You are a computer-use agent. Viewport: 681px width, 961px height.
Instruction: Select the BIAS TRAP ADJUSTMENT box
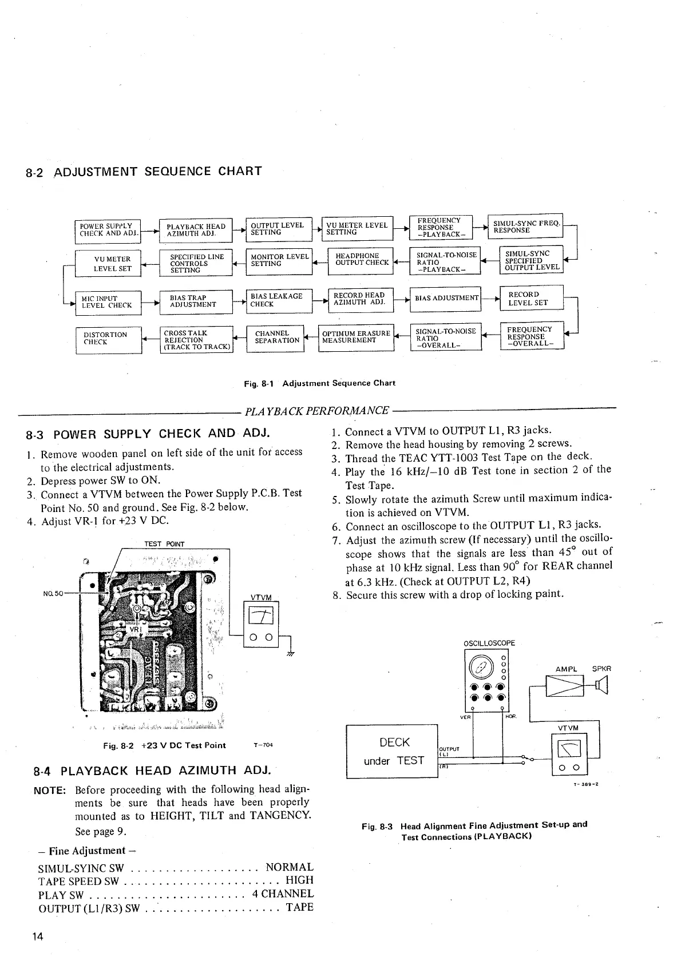[x=196, y=301]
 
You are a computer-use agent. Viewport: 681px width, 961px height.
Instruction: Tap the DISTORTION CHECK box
[x=108, y=339]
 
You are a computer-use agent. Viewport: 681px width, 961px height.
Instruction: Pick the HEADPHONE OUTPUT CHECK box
[x=361, y=260]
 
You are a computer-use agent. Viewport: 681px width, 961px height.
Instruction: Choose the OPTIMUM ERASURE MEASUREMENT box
[x=356, y=337]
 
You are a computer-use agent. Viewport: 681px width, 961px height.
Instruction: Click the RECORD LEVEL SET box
[x=531, y=299]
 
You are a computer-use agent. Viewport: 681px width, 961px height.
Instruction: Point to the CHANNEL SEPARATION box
[x=276, y=337]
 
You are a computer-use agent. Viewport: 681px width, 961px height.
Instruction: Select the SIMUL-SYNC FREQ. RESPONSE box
[x=525, y=226]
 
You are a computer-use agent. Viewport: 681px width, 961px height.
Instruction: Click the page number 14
[x=38, y=936]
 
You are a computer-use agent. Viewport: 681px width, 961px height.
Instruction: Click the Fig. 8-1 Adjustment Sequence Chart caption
[x=319, y=383]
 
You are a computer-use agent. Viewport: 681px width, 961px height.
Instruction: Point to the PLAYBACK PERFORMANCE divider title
[x=316, y=411]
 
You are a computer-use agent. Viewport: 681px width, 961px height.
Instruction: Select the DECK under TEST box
[x=392, y=751]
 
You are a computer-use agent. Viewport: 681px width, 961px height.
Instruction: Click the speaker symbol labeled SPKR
[x=601, y=684]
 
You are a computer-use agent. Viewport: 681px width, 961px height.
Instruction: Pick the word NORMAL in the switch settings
[x=290, y=867]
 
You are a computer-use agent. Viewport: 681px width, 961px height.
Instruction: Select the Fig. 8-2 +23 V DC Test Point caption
[x=164, y=745]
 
